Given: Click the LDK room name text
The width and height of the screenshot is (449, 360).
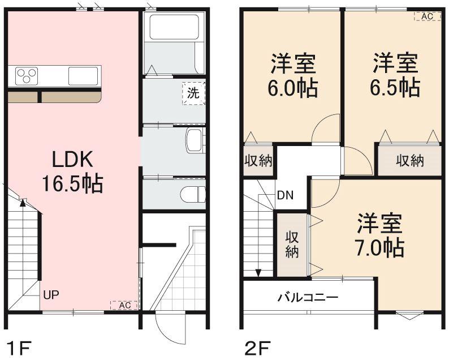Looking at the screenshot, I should click(x=72, y=161).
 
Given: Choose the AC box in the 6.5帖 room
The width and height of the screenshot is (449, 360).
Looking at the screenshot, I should click(x=427, y=16).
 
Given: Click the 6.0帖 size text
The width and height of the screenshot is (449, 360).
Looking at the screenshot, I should click(x=293, y=88).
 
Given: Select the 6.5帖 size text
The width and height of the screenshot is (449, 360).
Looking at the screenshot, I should click(x=395, y=87).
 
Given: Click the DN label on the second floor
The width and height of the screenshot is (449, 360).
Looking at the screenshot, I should click(x=285, y=196).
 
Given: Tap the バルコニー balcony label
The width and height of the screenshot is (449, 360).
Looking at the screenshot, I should click(x=308, y=297).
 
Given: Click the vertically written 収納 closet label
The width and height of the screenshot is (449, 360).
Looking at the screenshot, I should click(x=292, y=244).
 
